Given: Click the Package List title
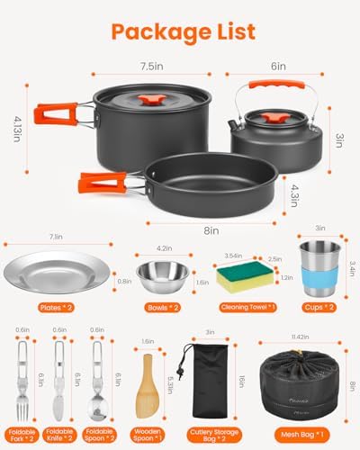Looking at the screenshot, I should coord(180,32).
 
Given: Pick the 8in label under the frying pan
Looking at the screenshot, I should coord(211,230).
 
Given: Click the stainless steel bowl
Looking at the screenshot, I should coord(162,273).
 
